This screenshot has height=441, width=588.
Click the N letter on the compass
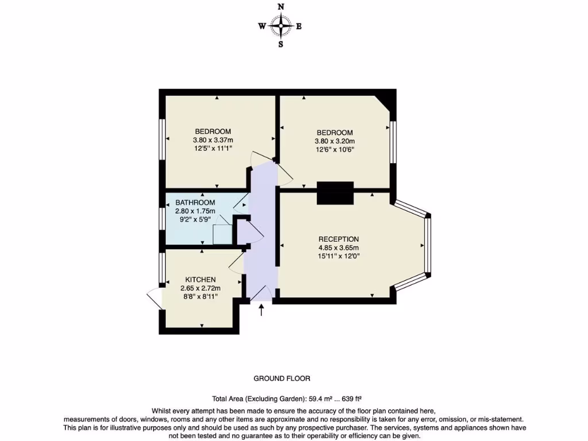pos(281,7)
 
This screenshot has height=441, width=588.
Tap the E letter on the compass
pos(299,26)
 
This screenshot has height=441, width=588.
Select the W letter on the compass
pos(262,26)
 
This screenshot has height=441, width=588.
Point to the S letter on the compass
pos(281,44)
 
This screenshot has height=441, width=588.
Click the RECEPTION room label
pos(339,239)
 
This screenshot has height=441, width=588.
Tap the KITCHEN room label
pos(200,280)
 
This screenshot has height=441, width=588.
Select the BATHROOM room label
pos(195,203)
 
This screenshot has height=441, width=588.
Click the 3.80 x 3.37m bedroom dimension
pos(212,140)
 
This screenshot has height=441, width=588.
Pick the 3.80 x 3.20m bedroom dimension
pos(334,141)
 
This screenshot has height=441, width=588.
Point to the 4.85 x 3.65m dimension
pos(339,248)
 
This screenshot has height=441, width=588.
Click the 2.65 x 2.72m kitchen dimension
pos(200,288)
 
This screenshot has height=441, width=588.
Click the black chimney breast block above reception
pos(335,192)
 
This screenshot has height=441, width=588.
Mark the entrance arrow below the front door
pos(262,311)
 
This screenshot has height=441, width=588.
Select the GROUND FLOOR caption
pos(282,378)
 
